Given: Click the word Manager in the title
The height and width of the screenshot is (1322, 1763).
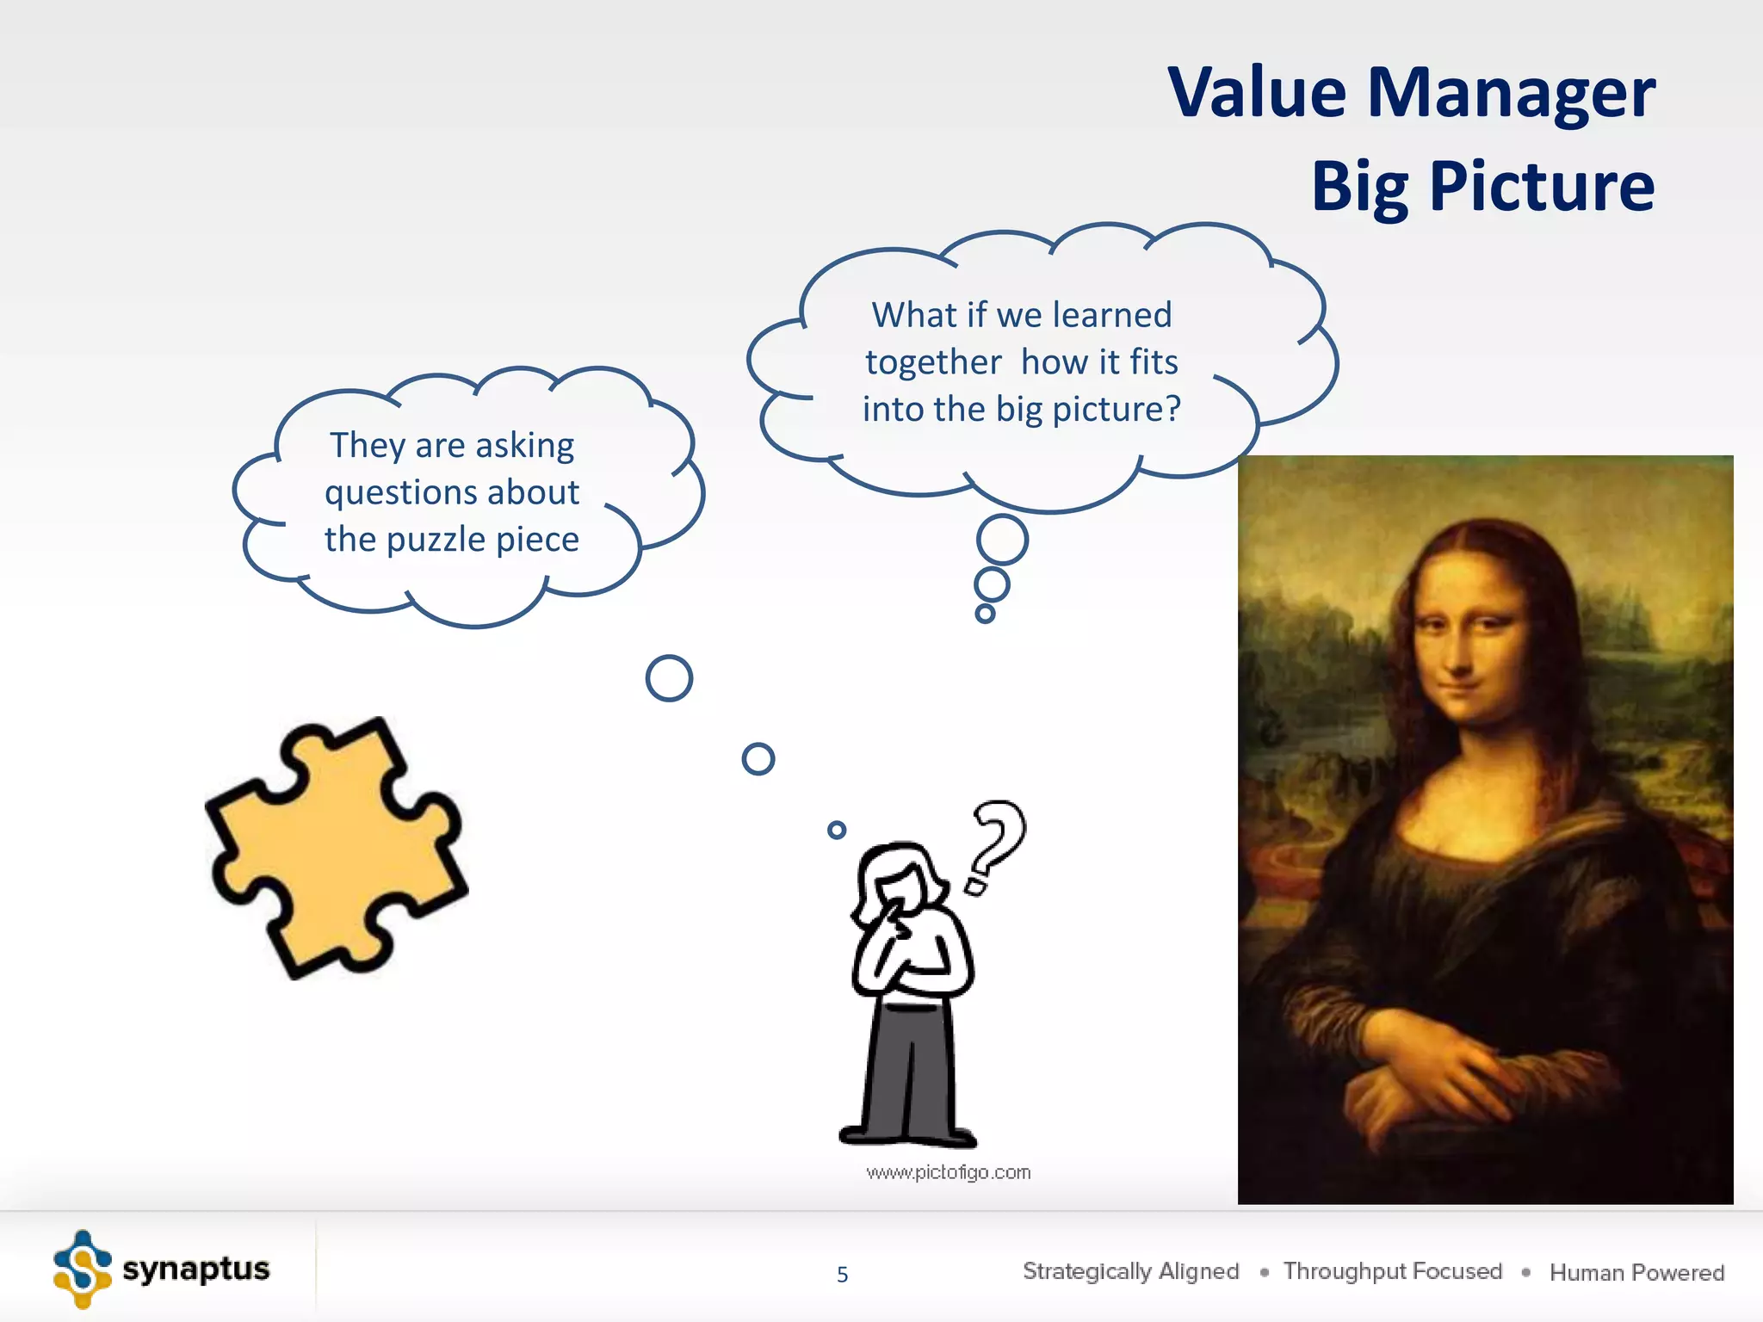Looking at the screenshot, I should click(x=1511, y=93).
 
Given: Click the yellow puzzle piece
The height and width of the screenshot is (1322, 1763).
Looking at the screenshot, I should click(x=336, y=848).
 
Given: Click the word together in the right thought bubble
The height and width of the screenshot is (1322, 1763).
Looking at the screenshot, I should click(x=933, y=362).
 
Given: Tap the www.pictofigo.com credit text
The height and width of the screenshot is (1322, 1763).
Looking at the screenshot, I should click(x=948, y=1172).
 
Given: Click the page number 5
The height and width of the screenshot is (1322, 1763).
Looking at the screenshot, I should click(x=842, y=1275).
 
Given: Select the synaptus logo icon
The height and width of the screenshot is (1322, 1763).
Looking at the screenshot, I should click(x=82, y=1269).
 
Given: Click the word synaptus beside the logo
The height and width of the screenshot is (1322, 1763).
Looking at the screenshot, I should click(x=196, y=1269).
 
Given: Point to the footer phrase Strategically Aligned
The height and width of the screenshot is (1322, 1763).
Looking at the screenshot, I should click(x=1130, y=1271).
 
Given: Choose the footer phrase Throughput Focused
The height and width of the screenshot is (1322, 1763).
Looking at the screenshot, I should click(x=1392, y=1271).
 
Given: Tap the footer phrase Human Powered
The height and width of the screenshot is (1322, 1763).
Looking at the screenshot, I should click(x=1636, y=1272).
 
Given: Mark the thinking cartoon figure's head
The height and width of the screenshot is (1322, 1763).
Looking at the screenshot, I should click(x=900, y=878).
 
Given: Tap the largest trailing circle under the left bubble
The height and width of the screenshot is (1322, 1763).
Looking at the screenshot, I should click(x=669, y=678).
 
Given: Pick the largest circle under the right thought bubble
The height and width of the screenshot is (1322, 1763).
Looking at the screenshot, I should click(x=1002, y=540).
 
